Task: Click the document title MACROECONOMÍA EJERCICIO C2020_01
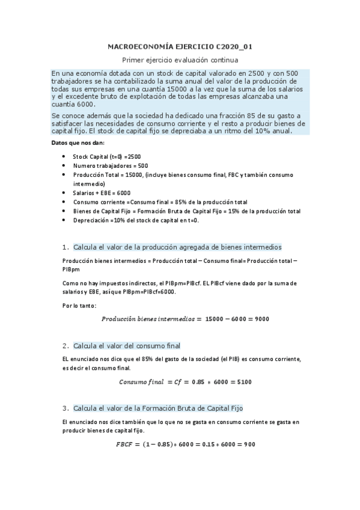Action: pyautogui.click(x=180, y=46)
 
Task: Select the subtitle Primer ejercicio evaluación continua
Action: pyautogui.click(x=180, y=60)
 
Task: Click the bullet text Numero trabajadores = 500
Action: pyautogui.click(x=111, y=165)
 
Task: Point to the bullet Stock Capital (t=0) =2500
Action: pyautogui.click(x=107, y=156)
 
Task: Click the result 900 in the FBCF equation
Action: pyautogui.click(x=249, y=445)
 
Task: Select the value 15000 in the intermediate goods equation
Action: pyautogui.click(x=215, y=319)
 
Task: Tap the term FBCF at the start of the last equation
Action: pyautogui.click(x=127, y=445)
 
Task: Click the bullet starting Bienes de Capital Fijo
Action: pyautogui.click(x=187, y=211)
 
